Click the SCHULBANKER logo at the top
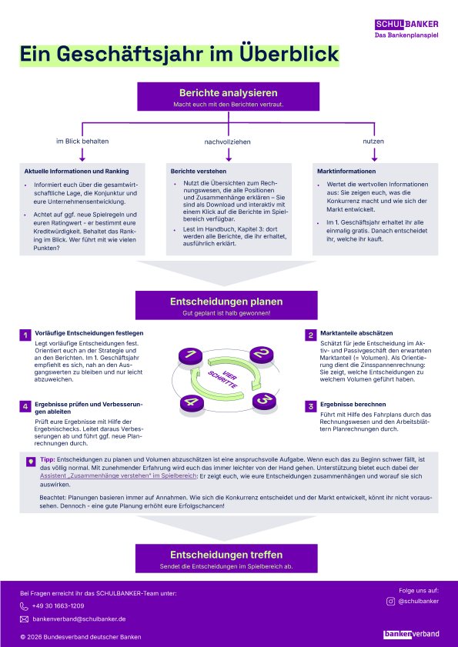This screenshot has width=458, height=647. coord(406,25)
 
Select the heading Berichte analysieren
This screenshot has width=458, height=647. coord(229,93)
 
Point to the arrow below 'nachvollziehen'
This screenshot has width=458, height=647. coord(229,155)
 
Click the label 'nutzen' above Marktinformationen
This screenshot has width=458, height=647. coord(373,141)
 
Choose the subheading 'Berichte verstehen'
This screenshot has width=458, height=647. coord(199,172)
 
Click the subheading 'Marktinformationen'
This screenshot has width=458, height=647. coord(346,172)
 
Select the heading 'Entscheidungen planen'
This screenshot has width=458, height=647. coord(226,302)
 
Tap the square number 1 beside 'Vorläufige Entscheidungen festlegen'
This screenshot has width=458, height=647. coord(25,335)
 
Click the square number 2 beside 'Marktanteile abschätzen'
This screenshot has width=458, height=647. coord(310,335)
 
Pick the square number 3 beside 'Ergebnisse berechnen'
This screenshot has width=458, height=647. coord(310,406)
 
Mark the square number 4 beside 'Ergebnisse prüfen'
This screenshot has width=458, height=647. coord(25,406)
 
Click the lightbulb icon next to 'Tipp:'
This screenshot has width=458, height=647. coord(31,462)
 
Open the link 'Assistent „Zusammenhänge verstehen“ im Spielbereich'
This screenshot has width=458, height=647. coord(118,475)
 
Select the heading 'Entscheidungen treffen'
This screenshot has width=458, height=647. coord(226,555)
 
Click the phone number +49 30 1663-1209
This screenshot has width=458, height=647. coord(58,605)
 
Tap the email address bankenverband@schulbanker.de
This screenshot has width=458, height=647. coord(79,619)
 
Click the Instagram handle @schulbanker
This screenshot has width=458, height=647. coord(418,601)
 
